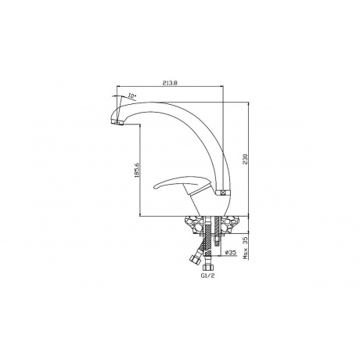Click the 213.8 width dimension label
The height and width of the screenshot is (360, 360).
point(170,83)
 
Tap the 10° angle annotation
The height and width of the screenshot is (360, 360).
point(132,96)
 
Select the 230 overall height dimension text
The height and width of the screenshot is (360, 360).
point(245,159)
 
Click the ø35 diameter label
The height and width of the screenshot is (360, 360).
point(231,252)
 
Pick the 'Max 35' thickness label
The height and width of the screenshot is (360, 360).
point(245,248)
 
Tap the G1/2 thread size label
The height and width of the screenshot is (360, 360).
point(208,275)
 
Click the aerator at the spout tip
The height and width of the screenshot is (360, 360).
point(117,122)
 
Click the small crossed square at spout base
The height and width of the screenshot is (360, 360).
point(222,193)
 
